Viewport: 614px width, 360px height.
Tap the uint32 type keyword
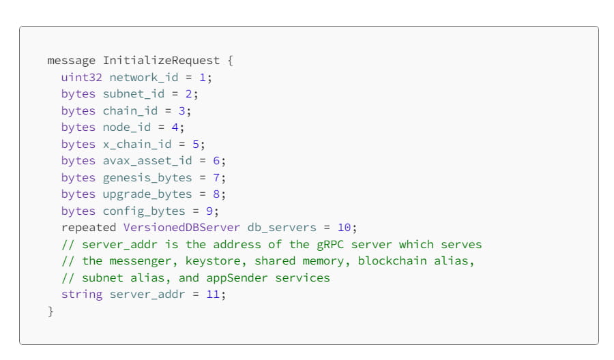[82, 77]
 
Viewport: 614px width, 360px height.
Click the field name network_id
[144, 77]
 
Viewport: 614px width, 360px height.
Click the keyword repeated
[89, 228]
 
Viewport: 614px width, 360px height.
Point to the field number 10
[345, 228]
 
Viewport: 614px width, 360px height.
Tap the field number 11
[214, 295]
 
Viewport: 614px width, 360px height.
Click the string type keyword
[82, 295]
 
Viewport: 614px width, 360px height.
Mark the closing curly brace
[50, 312]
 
